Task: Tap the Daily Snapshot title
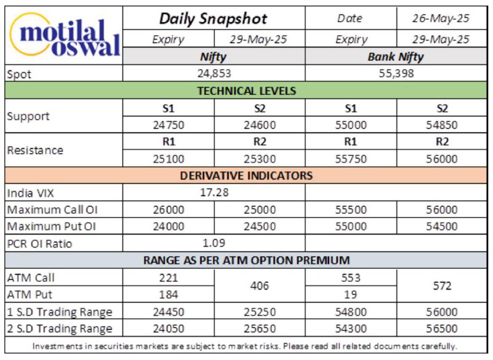pos(213,18)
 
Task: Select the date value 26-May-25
pos(441,18)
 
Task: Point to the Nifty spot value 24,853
pos(214,73)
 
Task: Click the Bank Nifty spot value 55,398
pos(396,73)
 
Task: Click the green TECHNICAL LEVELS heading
pos(247,91)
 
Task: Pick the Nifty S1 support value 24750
pos(168,125)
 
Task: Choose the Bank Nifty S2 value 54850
pos(442,125)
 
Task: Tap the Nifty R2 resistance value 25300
pos(259,159)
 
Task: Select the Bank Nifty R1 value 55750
pos(351,159)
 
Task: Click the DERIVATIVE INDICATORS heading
pos(246,176)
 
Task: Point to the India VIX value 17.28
pos(214,192)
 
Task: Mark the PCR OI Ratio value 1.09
pos(214,243)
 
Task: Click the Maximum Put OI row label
pos(51,227)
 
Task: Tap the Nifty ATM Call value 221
pos(168,278)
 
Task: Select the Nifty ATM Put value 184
pos(168,295)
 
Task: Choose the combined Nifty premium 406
pos(259,286)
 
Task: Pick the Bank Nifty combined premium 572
pos(442,286)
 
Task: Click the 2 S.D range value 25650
pos(259,329)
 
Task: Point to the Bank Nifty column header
pos(396,57)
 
